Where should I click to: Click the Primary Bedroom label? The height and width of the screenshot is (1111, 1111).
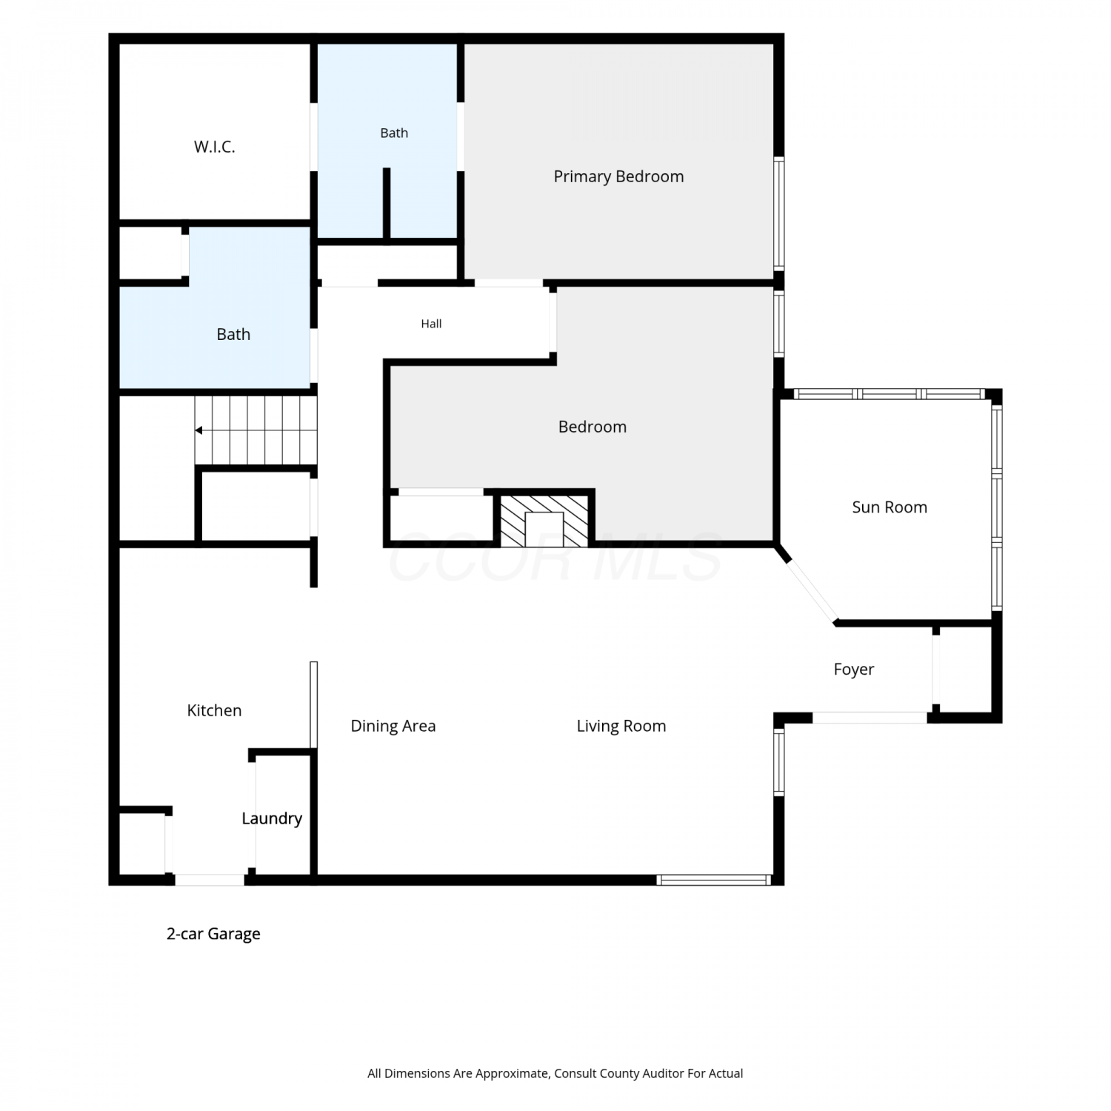pyautogui.click(x=618, y=176)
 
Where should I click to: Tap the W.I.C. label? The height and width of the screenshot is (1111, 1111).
pyautogui.click(x=214, y=147)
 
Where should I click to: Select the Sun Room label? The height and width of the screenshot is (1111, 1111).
pyautogui.click(x=890, y=507)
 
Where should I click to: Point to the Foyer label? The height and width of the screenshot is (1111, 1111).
pyautogui.click(x=854, y=670)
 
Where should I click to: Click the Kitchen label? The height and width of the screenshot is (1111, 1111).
pyautogui.click(x=214, y=710)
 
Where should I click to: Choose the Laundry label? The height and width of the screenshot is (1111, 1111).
pyautogui.click(x=272, y=818)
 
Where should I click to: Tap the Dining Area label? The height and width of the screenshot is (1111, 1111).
pyautogui.click(x=393, y=726)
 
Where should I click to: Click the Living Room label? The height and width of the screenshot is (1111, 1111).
pyautogui.click(x=621, y=726)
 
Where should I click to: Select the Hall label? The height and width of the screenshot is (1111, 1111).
pyautogui.click(x=431, y=324)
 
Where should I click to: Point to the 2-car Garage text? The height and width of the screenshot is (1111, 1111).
pyautogui.click(x=213, y=934)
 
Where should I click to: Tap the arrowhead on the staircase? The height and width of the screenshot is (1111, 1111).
pyautogui.click(x=198, y=430)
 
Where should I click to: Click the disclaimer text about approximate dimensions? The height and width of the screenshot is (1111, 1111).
pyautogui.click(x=555, y=1073)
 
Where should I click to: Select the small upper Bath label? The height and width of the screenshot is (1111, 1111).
pyautogui.click(x=394, y=133)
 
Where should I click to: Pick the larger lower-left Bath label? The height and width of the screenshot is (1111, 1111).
pyautogui.click(x=233, y=335)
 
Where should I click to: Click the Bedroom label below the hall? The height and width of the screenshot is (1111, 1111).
pyautogui.click(x=593, y=427)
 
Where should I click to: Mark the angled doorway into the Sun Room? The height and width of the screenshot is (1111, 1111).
pyautogui.click(x=811, y=590)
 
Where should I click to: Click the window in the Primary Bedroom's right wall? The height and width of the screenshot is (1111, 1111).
pyautogui.click(x=779, y=213)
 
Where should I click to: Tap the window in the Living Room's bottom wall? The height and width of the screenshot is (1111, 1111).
pyautogui.click(x=714, y=880)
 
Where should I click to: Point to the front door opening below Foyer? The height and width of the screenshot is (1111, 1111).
pyautogui.click(x=870, y=717)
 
